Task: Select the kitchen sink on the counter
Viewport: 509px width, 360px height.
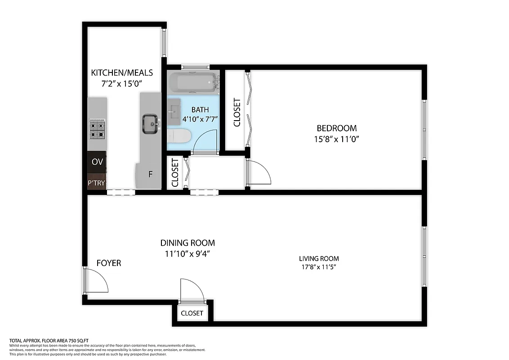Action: point(150,123)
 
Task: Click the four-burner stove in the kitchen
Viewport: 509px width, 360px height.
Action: point(98,128)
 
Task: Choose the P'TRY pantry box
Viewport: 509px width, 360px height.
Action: point(97,183)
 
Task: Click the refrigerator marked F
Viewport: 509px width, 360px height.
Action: point(150,174)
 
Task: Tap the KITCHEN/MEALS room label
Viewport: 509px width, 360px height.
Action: point(122,72)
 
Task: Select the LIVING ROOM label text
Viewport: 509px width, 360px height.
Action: point(319,258)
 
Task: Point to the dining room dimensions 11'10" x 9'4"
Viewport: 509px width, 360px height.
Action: point(188,253)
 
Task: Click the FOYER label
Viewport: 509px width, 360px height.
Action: point(109,263)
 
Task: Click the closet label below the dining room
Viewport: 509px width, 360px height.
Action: point(192,313)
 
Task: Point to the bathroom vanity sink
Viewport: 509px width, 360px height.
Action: point(174,111)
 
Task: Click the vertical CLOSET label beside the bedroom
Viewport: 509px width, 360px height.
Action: point(237,112)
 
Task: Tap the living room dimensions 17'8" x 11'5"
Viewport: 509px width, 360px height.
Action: point(319,267)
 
